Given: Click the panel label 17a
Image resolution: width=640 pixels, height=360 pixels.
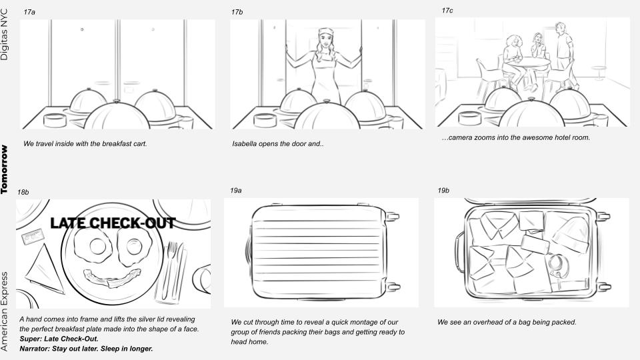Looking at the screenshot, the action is point(29,12).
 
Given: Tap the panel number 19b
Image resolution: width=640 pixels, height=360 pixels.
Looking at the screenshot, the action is point(443,190).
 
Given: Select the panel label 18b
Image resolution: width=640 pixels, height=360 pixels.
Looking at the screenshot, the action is point(23,192).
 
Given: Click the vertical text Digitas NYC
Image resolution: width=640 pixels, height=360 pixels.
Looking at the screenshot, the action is point(5,35).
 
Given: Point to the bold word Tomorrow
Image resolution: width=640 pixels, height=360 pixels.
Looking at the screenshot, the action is point(4,169).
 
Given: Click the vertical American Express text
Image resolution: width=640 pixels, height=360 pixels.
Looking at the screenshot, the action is point(5,311).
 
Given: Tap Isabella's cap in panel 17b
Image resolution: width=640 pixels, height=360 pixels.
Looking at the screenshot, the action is point(326,31).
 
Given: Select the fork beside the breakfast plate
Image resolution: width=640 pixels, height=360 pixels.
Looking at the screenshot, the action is point(171,270).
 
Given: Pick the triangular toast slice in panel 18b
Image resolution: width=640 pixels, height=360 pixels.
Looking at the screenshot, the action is point(44,269).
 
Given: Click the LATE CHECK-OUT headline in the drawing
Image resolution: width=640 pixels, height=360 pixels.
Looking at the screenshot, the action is point(113,223).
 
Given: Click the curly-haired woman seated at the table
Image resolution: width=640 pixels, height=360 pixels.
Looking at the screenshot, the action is point(513,61).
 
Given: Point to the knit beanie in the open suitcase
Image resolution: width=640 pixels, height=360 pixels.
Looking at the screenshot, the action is point(571,234).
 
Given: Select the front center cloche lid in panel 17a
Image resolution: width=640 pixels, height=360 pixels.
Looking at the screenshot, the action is point(117,116).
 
